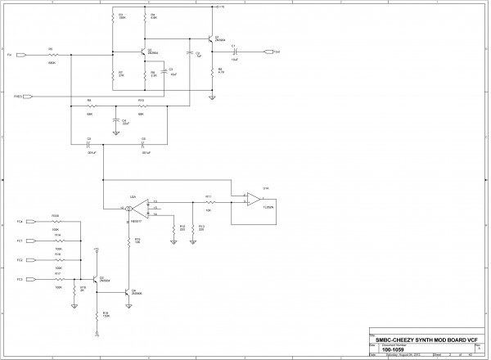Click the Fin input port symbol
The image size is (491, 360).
pos(21,56)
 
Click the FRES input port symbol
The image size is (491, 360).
pos(27,97)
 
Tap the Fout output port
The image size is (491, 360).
pos(269,52)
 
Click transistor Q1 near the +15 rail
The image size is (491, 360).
pos(209,38)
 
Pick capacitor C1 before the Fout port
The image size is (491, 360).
pos(235,52)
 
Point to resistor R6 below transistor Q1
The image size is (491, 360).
pos(212,71)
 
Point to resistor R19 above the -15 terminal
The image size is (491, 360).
pos(97,314)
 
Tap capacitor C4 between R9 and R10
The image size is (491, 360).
pos(116,120)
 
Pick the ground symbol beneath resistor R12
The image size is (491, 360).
pos(173,242)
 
